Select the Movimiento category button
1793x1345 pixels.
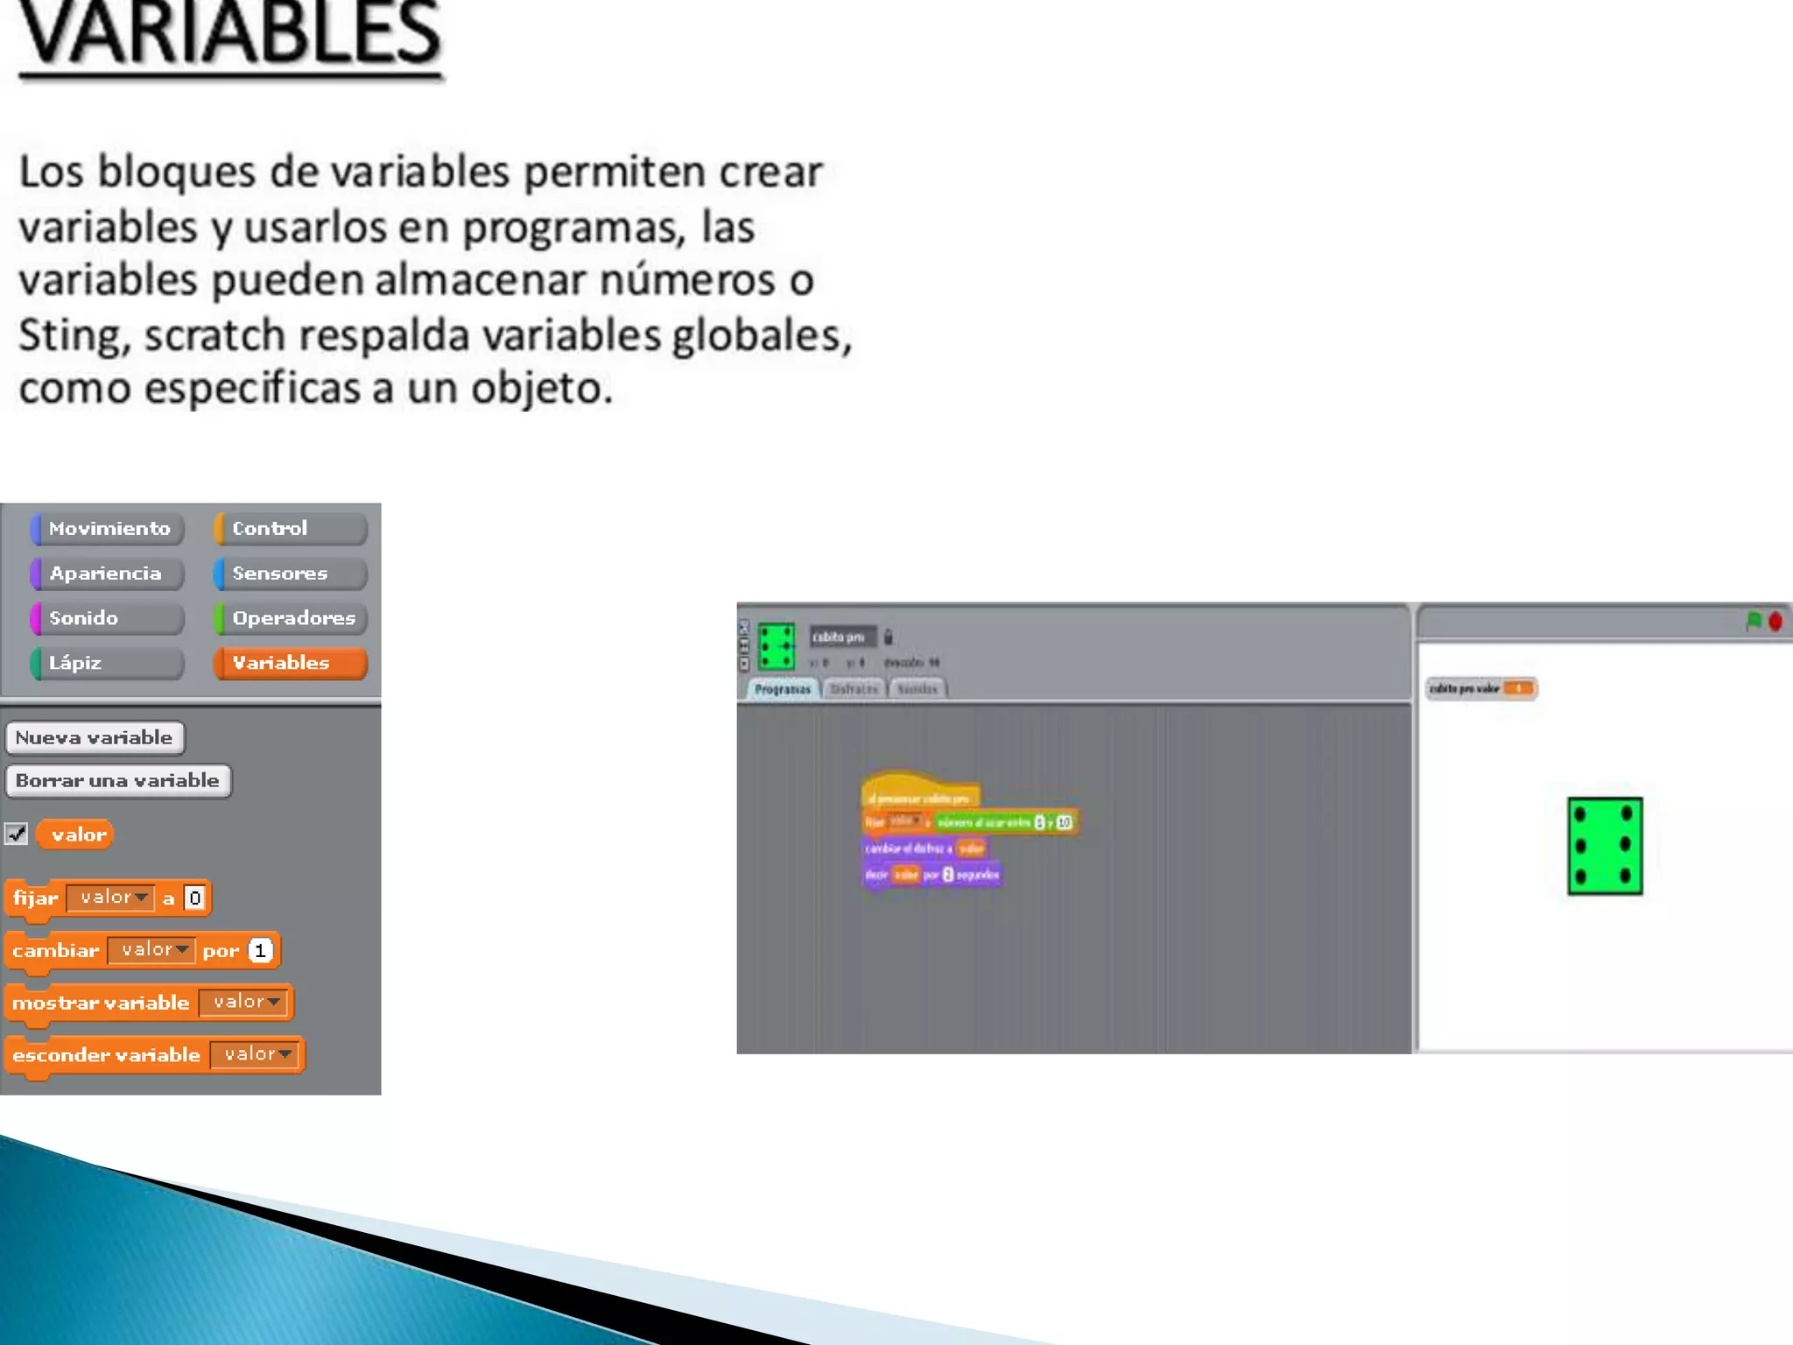click(x=108, y=528)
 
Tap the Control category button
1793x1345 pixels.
click(x=290, y=528)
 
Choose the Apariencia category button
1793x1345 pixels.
click(x=108, y=574)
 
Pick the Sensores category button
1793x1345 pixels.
click(x=290, y=574)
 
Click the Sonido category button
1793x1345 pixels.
click(x=108, y=618)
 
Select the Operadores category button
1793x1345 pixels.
click(x=290, y=618)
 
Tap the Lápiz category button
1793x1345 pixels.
click(x=108, y=663)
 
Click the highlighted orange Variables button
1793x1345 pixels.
click(x=290, y=663)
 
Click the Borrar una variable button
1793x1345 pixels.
click(x=118, y=780)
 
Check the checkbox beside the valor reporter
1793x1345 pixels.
click(x=17, y=834)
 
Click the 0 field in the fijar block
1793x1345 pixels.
click(x=195, y=898)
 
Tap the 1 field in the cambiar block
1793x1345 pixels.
click(x=260, y=950)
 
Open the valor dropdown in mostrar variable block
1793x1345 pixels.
click(x=244, y=1002)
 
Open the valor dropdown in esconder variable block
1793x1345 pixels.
click(x=256, y=1054)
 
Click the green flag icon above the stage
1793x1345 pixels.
click(x=1754, y=621)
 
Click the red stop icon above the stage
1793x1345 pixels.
click(x=1775, y=621)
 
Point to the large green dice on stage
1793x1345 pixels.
click(x=1605, y=846)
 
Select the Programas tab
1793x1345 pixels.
click(x=783, y=689)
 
